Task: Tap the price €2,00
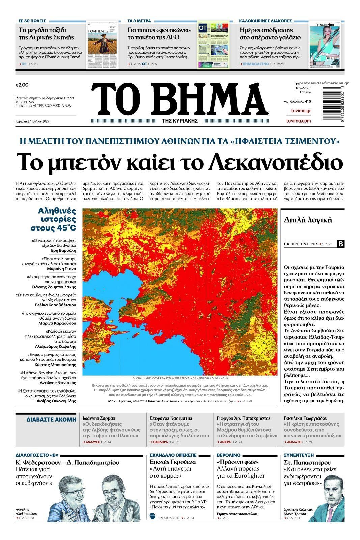[22, 85]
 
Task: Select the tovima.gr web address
[301, 111]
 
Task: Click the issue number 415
[308, 101]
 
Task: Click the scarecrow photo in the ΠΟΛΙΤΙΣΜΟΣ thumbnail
[98, 43]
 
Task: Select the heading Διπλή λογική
[308, 220]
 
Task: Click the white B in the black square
[341, 244]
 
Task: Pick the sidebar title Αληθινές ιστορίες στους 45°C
[57, 219]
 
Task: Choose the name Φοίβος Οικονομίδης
[56, 401]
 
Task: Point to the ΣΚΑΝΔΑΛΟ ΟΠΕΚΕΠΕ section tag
[173, 455]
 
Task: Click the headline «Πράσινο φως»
[237, 462]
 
